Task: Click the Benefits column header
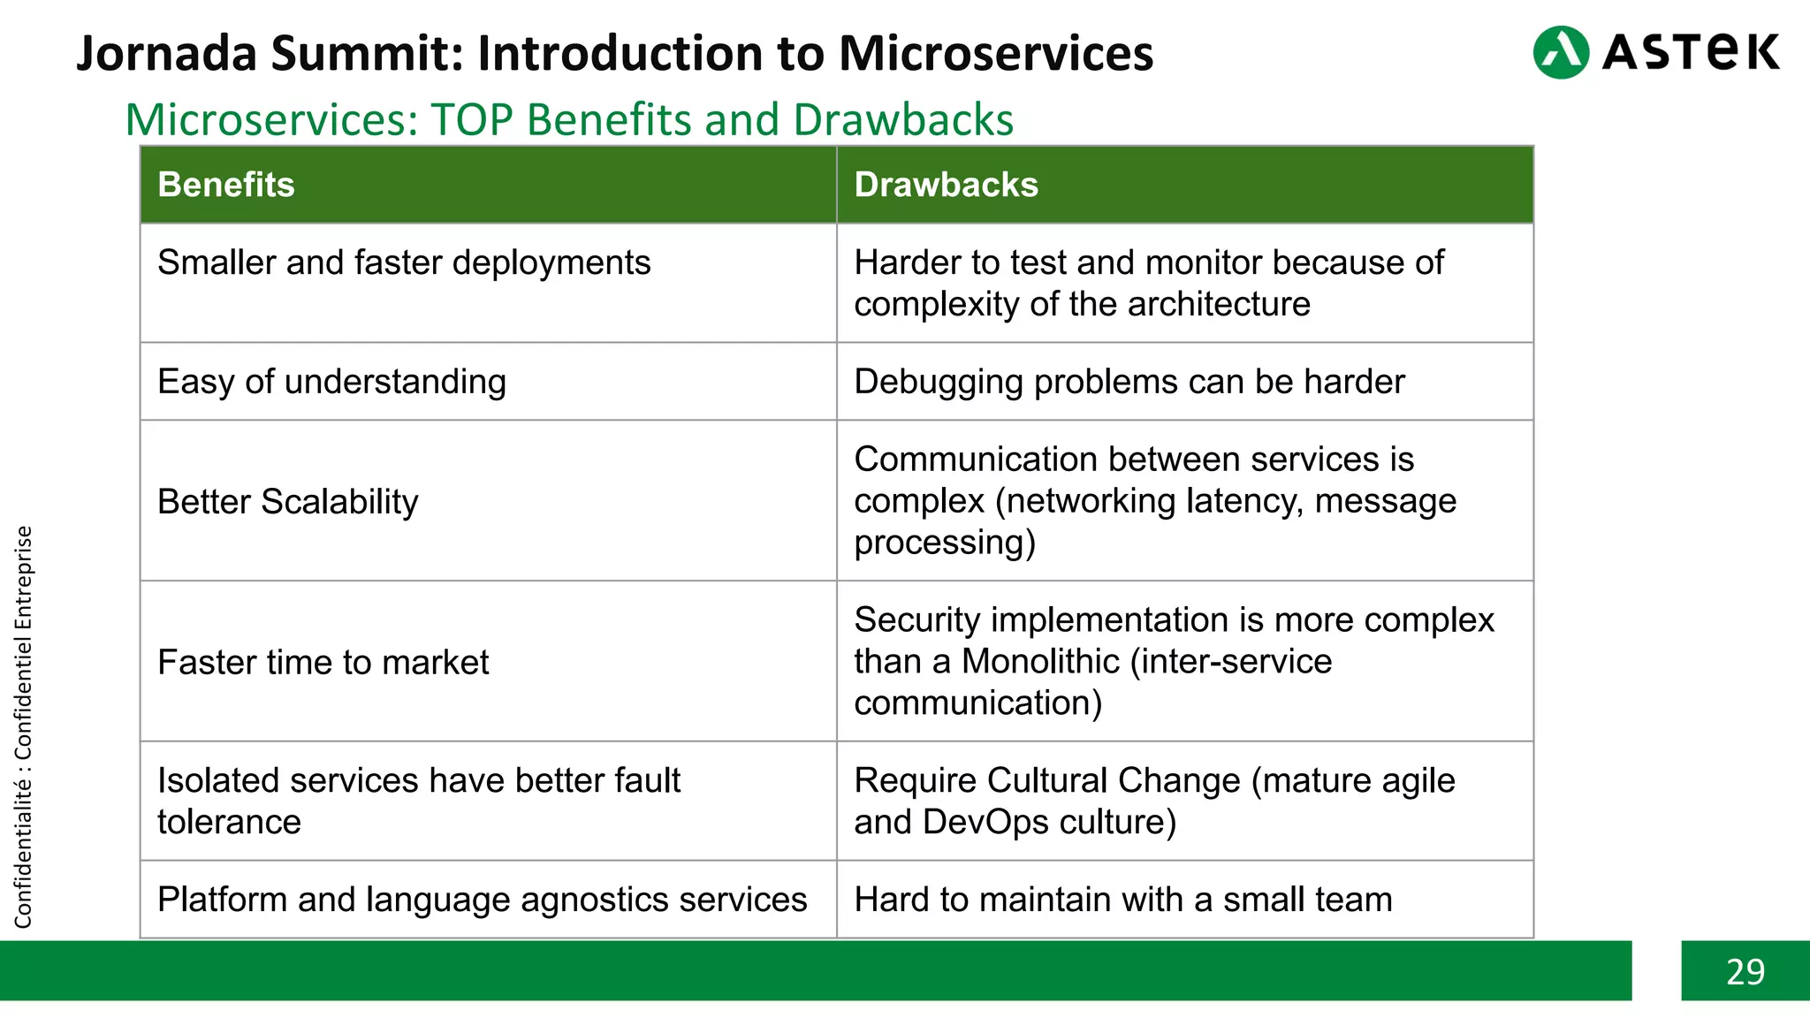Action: (226, 185)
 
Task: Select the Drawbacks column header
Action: (946, 185)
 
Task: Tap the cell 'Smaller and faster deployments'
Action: (404, 262)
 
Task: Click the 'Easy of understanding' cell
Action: (331, 382)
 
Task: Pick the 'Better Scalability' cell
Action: (288, 501)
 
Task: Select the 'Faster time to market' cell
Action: (323, 662)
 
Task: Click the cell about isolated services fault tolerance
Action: (418, 801)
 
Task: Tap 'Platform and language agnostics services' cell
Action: (482, 900)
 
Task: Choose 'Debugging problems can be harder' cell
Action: (1129, 382)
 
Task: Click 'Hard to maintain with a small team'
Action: (1122, 900)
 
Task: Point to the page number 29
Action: (1745, 971)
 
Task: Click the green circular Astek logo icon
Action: (1561, 52)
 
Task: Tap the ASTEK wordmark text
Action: (1690, 52)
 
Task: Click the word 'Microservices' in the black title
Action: (996, 53)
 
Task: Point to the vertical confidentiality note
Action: (23, 726)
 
